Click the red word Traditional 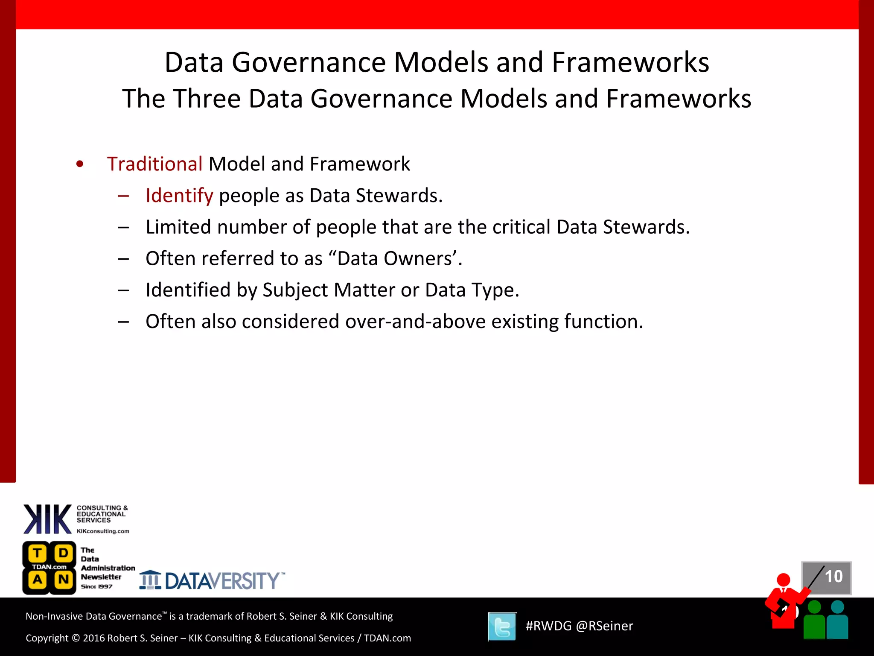[154, 164]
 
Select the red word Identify [179, 196]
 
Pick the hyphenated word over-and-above [415, 322]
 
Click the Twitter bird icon [502, 627]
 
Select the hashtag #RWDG [548, 626]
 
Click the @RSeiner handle [604, 626]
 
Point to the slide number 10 [833, 577]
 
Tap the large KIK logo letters [47, 519]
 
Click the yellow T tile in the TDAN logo [38, 553]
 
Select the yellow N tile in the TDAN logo [64, 580]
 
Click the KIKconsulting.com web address [103, 531]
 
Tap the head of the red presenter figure [784, 580]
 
